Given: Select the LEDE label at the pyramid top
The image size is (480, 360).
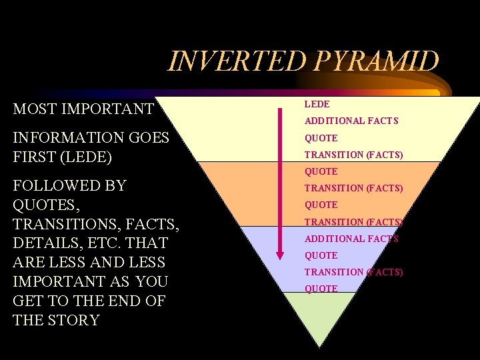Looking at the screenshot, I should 317,104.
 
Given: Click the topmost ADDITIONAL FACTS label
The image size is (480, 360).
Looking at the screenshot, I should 351,121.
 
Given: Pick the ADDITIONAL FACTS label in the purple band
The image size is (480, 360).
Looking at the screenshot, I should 351,239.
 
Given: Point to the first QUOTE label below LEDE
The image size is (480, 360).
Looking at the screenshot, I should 321,138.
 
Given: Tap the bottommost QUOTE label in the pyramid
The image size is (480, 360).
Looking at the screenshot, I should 321,289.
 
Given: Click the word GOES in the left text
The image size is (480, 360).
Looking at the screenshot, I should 148,138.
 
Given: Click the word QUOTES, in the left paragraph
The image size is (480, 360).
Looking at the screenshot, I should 45,204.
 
